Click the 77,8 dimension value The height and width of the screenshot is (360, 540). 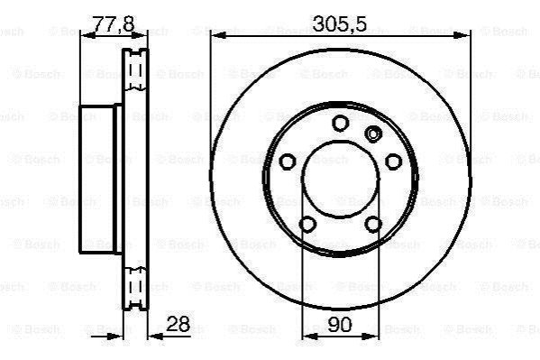pos(114,23)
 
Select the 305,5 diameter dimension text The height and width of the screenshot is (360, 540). pos(340,23)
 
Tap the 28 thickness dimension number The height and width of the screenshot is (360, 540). pos(178,324)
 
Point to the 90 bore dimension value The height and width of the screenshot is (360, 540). pos(340,325)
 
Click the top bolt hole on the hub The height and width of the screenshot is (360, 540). pos(340,123)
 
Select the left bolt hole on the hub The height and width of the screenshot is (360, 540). pos(288,162)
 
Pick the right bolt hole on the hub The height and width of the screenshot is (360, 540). pos(393,162)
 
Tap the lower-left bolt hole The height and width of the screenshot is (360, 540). pos(307,224)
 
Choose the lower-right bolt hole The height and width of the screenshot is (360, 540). pos(373,224)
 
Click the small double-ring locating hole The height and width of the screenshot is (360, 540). pos(373,134)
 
